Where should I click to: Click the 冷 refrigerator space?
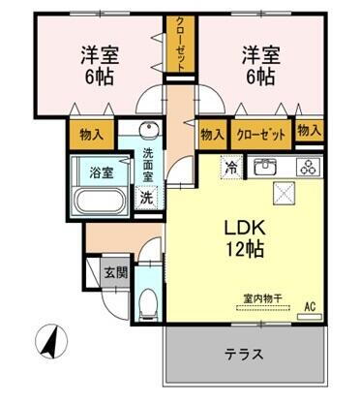[x=232, y=166]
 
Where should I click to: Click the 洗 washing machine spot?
[x=147, y=197]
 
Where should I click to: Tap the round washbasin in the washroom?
[x=148, y=135]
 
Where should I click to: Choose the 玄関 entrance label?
[x=115, y=272]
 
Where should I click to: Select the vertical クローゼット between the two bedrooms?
[x=179, y=45]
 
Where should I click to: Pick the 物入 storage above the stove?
[x=309, y=130]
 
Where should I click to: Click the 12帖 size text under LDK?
[x=245, y=248]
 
